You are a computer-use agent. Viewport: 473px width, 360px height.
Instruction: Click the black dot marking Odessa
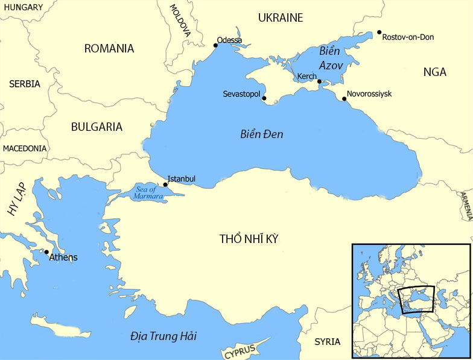(x=216, y=45)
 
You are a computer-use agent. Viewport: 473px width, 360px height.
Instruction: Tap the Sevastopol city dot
(x=264, y=98)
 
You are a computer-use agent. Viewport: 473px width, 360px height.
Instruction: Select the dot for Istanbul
(x=165, y=185)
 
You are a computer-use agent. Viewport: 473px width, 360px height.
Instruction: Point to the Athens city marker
(x=46, y=252)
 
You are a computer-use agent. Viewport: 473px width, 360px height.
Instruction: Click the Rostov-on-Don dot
(x=379, y=32)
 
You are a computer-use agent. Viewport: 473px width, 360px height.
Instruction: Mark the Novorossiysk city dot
(x=344, y=99)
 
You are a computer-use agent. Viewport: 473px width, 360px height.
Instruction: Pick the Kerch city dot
(x=319, y=81)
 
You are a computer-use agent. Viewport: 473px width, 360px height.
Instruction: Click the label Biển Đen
(x=261, y=134)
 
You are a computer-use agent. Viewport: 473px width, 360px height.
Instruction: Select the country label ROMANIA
(x=109, y=48)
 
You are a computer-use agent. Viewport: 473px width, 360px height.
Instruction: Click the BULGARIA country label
(x=97, y=127)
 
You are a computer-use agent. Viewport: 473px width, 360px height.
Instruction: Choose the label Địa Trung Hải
(x=163, y=336)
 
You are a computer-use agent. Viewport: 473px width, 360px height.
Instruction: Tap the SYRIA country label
(x=327, y=342)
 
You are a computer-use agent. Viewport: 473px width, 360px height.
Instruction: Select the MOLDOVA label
(x=180, y=21)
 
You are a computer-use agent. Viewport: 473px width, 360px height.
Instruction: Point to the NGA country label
(x=434, y=72)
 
